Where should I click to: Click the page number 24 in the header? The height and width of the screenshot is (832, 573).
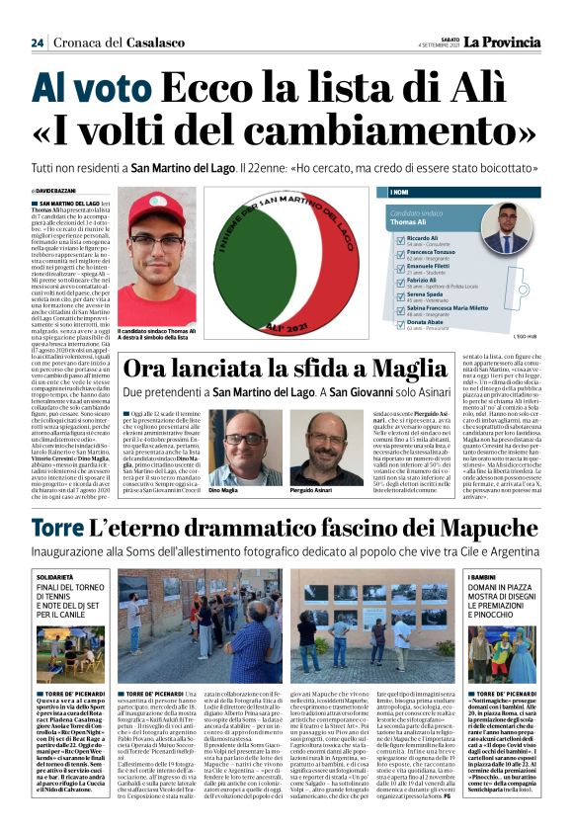pyautogui.click(x=38, y=42)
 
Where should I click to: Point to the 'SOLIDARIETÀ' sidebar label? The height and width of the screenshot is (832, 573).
pyautogui.click(x=53, y=575)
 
